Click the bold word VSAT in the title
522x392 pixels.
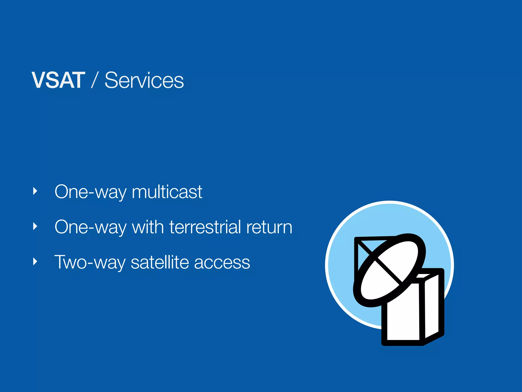coord(58,80)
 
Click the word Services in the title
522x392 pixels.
coord(144,80)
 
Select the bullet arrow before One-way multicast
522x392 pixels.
coord(35,191)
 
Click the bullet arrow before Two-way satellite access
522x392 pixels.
coord(35,262)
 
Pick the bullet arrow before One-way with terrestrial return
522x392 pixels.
coord(35,226)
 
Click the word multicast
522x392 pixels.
coord(167,192)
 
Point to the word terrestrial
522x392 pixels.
coord(205,227)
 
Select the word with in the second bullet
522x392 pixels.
coord(148,227)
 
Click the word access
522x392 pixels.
coord(222,262)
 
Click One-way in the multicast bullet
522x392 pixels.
coord(90,192)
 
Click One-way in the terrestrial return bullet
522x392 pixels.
coord(90,227)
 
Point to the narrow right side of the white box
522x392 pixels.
coord(432,306)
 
